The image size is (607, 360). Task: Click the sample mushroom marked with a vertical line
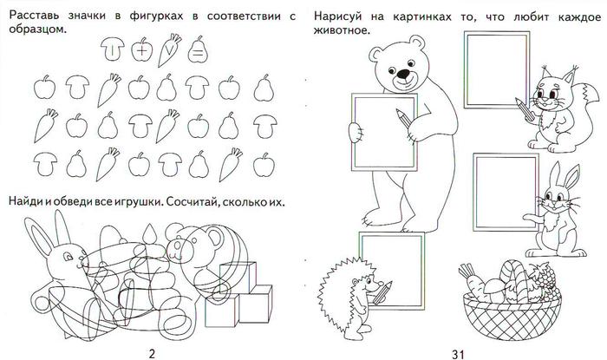coord(112,49)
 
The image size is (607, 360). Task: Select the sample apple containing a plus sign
coord(141,49)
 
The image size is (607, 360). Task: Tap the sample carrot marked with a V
coord(169,50)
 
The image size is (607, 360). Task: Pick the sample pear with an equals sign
coord(198,49)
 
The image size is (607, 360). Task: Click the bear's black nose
coord(404,74)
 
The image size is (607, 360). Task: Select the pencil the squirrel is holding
coord(525,109)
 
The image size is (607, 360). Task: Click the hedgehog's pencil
coord(381,292)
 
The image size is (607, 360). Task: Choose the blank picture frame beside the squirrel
coord(497,69)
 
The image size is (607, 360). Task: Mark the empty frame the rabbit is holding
coord(506,193)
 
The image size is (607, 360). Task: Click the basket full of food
coord(510,299)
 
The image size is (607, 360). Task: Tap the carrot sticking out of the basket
coord(472,282)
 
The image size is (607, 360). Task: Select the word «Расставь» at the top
coord(34,16)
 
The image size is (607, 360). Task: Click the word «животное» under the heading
coord(342,30)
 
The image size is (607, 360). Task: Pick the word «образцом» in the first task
coord(37,29)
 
